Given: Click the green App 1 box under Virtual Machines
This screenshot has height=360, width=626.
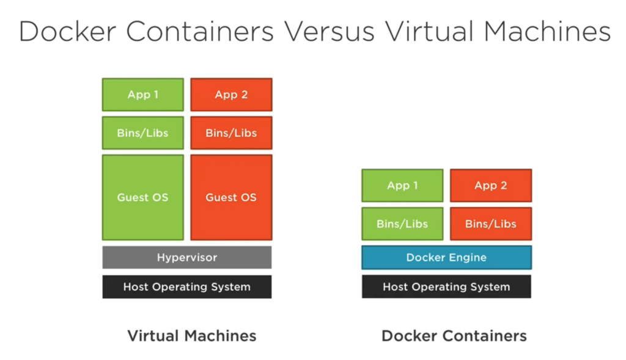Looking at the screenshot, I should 142,95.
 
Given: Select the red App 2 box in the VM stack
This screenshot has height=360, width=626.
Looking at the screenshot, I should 231,95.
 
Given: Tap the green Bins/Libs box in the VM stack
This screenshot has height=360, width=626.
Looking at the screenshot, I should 142,133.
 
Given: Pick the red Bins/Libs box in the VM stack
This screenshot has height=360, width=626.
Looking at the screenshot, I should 231,133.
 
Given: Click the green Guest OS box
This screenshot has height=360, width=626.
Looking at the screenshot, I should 142,197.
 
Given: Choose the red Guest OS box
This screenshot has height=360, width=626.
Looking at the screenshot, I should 231,197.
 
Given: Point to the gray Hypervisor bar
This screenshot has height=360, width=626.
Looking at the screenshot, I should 186,257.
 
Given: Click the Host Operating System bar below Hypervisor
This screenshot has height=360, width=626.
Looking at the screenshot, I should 186,287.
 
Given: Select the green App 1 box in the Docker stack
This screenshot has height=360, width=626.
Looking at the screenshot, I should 402,186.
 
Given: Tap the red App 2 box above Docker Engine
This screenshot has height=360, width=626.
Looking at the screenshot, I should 491,186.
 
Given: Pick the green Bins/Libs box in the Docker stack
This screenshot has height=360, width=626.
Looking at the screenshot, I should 402,224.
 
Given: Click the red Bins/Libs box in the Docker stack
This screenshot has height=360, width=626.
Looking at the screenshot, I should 491,224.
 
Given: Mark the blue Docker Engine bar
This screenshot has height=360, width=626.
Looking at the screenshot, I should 446,257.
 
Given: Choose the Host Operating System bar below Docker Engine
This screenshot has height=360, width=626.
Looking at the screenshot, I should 446,287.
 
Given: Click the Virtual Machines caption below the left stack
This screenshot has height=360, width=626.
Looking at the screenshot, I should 192,336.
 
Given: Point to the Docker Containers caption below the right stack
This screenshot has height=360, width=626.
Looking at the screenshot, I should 454,336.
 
